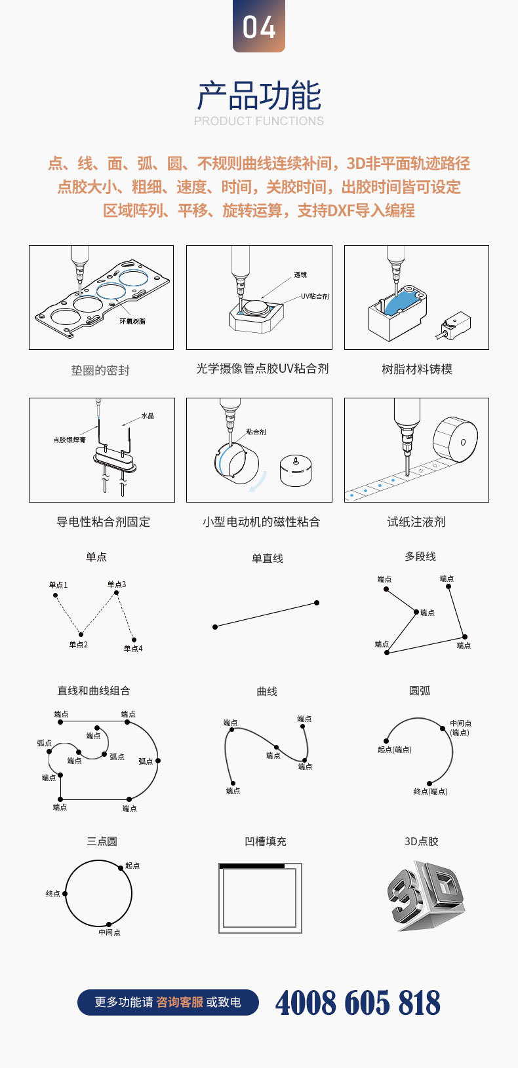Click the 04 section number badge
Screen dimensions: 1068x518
259,26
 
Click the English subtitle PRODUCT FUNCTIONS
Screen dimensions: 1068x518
259,121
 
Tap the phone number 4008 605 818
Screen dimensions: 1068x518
358,1002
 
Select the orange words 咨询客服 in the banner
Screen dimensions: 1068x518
180,1002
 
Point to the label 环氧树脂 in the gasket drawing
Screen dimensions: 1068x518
132,322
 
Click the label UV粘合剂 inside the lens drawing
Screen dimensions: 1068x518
315,296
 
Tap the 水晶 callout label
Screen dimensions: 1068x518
148,416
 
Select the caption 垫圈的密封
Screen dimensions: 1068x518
100,370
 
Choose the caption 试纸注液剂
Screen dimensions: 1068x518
416,522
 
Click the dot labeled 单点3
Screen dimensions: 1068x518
116,593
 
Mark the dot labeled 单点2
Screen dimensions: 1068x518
81,634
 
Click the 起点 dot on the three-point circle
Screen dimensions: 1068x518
121,867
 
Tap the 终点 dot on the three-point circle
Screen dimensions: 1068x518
65,894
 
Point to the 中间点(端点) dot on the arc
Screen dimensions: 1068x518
443,729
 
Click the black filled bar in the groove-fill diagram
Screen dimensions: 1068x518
252,866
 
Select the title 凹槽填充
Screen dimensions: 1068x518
266,841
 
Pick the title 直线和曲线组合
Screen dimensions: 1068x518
94,691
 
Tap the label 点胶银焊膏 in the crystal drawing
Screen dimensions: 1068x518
70,440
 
